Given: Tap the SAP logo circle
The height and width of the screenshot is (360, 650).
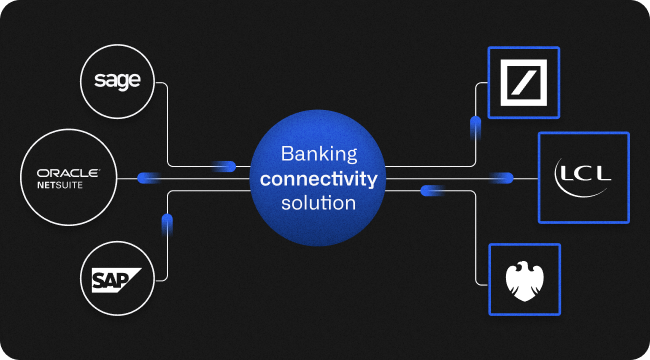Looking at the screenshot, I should tap(118, 277).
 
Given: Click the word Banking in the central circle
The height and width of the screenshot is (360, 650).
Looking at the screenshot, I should tap(317, 155).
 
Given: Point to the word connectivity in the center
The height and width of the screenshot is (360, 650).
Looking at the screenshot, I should tap(317, 179).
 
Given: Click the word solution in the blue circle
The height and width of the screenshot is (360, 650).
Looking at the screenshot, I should tap(317, 203).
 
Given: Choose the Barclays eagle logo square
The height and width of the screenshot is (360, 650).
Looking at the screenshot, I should tap(524, 279).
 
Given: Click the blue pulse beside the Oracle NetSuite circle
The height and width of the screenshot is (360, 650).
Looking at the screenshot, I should tap(149, 178).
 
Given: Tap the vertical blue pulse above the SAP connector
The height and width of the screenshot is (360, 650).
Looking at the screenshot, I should tap(165, 224).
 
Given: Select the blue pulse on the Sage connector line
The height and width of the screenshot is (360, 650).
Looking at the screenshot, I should tap(225, 166).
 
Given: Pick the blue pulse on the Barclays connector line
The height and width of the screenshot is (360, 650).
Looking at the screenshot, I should tap(432, 189).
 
